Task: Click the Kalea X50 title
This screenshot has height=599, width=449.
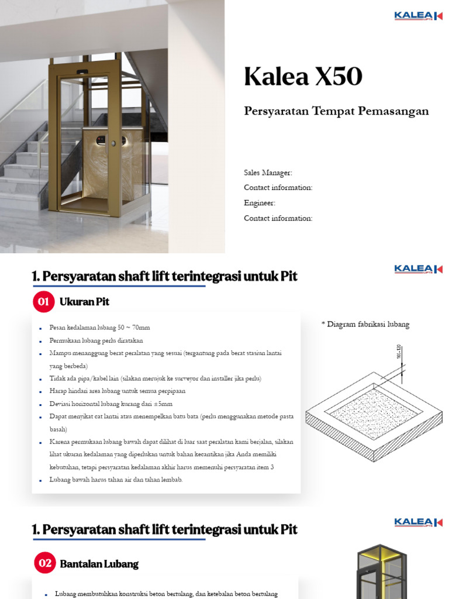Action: coord(303,77)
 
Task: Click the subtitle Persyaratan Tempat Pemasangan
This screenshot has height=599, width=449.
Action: coord(336,111)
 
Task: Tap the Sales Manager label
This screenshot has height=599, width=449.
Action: coord(268,173)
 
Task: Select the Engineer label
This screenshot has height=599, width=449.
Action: coord(260,203)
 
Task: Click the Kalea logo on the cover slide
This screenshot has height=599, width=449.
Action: coord(418,16)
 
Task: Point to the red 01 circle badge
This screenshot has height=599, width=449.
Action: coord(44,302)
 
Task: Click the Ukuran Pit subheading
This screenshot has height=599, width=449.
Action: coord(84,302)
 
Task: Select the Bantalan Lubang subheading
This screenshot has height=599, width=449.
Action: coord(99,564)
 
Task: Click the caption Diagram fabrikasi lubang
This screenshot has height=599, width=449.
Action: coord(365,325)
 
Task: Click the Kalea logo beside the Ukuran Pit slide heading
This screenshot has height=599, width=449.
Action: coord(418,269)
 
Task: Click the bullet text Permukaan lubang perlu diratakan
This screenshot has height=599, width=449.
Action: coord(99,340)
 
